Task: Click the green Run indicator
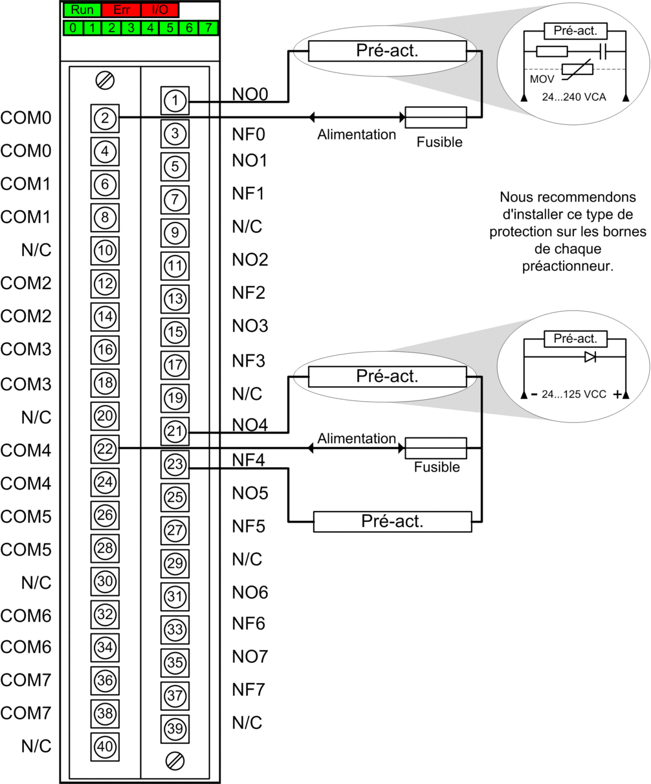pyautogui.click(x=82, y=10)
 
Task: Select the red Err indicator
pyautogui.click(x=121, y=10)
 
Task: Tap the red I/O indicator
pyautogui.click(x=159, y=10)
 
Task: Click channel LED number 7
pyautogui.click(x=208, y=28)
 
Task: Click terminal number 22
pyautogui.click(x=105, y=448)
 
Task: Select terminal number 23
pyautogui.click(x=175, y=464)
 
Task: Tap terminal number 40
pyautogui.click(x=105, y=746)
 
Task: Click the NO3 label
pyautogui.click(x=250, y=326)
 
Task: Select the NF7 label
pyautogui.click(x=248, y=690)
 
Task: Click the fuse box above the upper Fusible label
pyautogui.click(x=436, y=117)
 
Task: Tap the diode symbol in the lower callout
pyautogui.click(x=590, y=356)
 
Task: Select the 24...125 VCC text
pyautogui.click(x=573, y=394)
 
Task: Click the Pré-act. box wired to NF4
pyautogui.click(x=392, y=521)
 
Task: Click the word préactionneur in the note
pyautogui.click(x=567, y=265)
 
